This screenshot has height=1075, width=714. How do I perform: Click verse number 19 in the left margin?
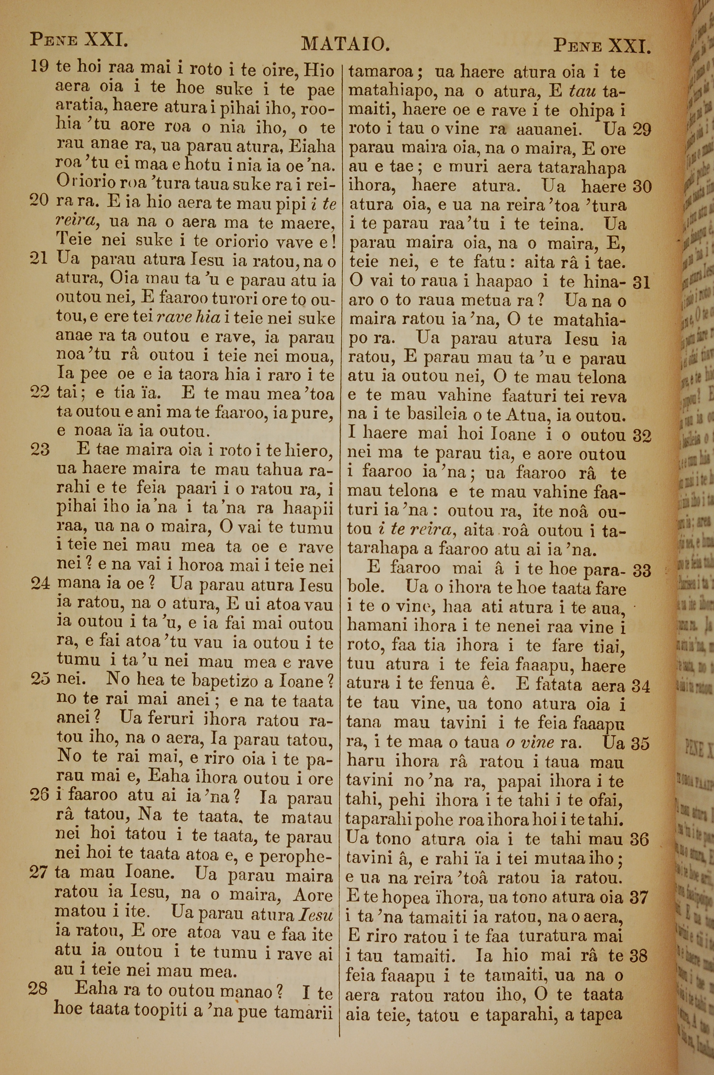pyautogui.click(x=40, y=66)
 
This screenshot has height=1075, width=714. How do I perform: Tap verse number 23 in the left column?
pyautogui.click(x=40, y=450)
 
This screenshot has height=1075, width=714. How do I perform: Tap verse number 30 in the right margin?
pyautogui.click(x=642, y=187)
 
